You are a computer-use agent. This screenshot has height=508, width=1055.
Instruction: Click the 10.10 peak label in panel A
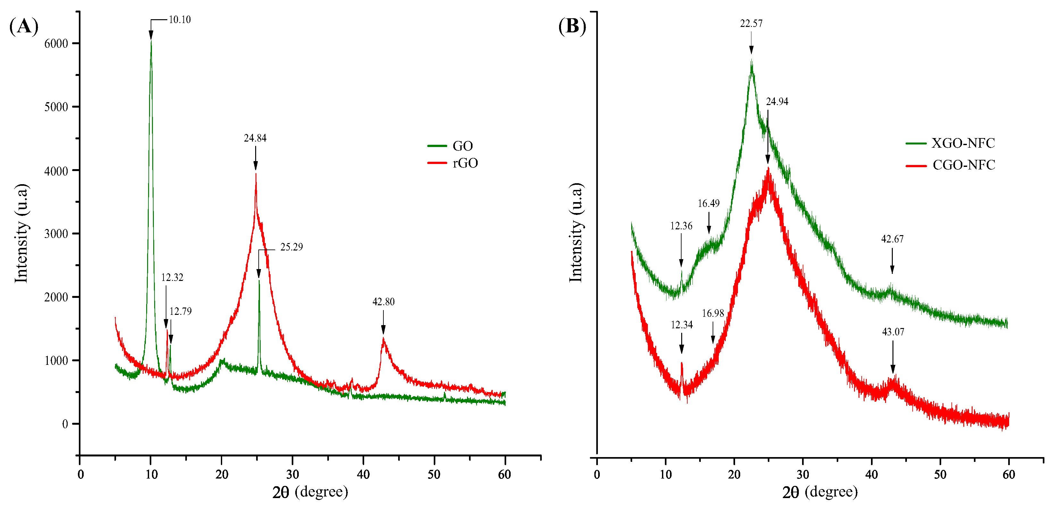[180, 20]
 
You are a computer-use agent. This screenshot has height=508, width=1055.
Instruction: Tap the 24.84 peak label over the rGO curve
[255, 138]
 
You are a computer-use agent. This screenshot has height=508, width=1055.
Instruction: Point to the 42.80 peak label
[383, 302]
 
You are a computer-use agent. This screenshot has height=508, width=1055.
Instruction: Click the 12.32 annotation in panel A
[172, 277]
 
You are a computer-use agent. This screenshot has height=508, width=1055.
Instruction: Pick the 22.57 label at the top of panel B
[751, 24]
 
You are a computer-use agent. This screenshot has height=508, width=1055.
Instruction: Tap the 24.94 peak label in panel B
[777, 102]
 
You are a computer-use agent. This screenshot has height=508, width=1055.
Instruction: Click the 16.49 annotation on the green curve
[708, 203]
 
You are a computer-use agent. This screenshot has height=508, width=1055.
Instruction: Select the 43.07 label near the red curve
[893, 332]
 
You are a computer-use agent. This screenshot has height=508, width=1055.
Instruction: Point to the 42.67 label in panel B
[892, 239]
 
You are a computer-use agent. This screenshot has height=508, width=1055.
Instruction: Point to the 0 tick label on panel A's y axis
[65, 424]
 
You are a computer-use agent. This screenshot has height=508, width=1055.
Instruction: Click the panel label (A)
[24, 26]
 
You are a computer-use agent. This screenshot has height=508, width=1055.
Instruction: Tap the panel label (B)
[572, 26]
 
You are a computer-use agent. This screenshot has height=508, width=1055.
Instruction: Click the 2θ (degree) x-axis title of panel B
[820, 492]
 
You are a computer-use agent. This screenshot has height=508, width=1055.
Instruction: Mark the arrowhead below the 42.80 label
[383, 330]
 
